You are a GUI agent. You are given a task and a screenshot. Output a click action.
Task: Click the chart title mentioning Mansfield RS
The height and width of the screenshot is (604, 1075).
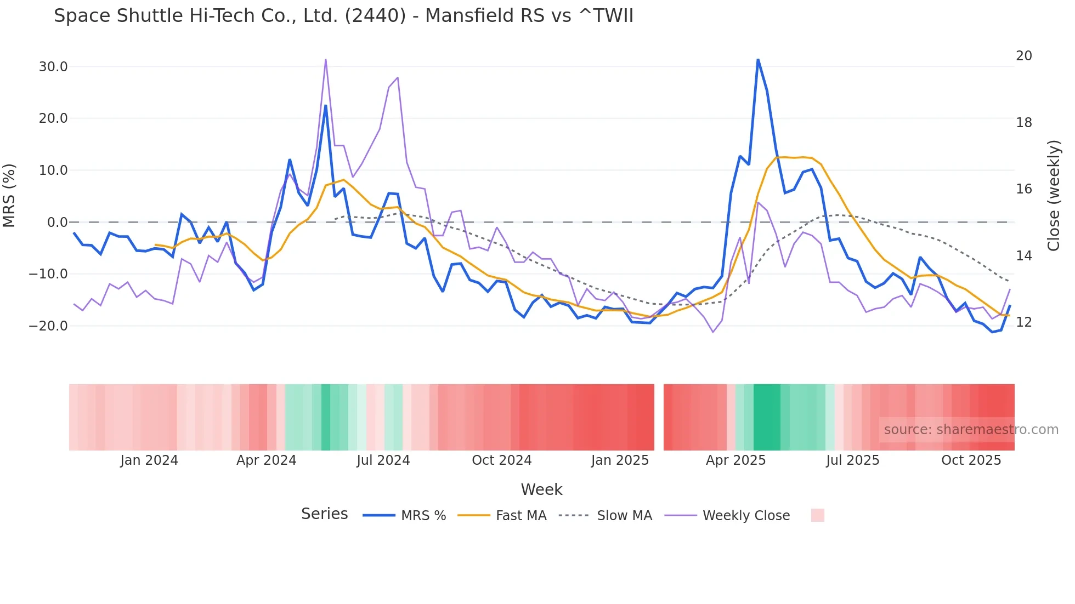pyautogui.click(x=343, y=16)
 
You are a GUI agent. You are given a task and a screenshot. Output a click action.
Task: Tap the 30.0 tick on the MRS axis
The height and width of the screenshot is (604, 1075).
pyautogui.click(x=53, y=67)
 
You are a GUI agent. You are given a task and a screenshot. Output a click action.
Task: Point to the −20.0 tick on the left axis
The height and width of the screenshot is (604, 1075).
pyautogui.click(x=49, y=326)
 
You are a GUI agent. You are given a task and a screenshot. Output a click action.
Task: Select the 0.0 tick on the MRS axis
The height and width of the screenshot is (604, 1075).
pyautogui.click(x=58, y=223)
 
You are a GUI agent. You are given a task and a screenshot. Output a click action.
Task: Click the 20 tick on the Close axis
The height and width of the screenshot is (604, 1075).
pyautogui.click(x=1023, y=56)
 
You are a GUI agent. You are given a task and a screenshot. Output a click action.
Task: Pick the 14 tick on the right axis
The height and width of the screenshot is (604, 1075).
pyautogui.click(x=1023, y=256)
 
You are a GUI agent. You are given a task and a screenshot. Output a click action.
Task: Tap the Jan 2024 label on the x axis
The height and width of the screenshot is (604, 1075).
pyautogui.click(x=149, y=460)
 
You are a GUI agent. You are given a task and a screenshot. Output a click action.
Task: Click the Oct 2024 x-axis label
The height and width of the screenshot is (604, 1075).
pyautogui.click(x=501, y=460)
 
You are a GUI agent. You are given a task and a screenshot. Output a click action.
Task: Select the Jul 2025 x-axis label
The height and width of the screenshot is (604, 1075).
pyautogui.click(x=852, y=460)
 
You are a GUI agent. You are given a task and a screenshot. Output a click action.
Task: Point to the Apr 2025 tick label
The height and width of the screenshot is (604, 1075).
pyautogui.click(x=735, y=460)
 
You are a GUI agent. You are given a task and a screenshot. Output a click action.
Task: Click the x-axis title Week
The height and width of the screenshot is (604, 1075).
pyautogui.click(x=541, y=489)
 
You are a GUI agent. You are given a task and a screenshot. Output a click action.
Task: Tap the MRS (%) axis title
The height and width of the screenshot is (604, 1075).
pyautogui.click(x=9, y=195)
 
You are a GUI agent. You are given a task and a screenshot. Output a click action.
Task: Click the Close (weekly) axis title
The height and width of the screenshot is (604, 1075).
pyautogui.click(x=1054, y=195)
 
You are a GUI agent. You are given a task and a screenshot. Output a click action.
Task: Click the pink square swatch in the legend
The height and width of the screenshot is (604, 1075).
pyautogui.click(x=817, y=515)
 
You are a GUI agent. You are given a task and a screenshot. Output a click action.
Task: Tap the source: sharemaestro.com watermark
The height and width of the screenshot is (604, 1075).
pyautogui.click(x=971, y=430)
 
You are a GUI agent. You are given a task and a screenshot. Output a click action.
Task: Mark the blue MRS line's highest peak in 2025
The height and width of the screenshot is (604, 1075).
pyautogui.click(x=758, y=60)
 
